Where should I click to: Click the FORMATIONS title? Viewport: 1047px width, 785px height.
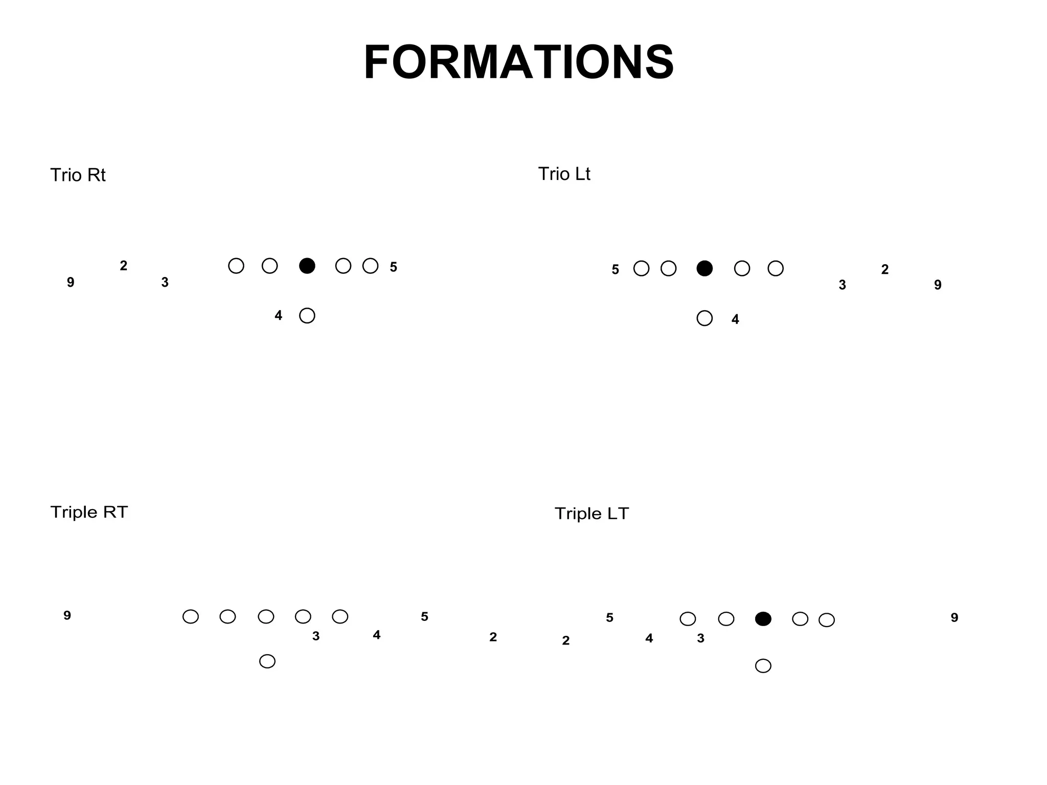point(518,62)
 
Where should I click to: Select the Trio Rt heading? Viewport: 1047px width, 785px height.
point(78,175)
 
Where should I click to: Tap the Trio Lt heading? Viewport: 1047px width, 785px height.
point(564,174)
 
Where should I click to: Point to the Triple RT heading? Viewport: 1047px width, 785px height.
point(89,512)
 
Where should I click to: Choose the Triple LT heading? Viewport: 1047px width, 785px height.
point(591,514)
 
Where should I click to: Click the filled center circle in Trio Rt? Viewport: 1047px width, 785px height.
point(307,266)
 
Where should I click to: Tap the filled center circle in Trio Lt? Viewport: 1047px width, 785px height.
point(704,268)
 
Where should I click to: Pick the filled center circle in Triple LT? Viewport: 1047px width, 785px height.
point(763,619)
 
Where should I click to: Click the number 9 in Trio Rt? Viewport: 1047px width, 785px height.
point(71,282)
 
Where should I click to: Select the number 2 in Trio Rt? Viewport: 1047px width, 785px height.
point(123,266)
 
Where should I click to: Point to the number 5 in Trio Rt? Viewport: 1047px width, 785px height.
point(393,267)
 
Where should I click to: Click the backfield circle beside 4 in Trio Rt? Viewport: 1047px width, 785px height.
point(307,316)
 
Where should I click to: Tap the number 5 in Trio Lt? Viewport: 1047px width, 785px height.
point(615,270)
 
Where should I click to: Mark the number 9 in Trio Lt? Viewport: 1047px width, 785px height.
point(938,285)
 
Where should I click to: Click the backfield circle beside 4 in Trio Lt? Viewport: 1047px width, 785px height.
point(704,318)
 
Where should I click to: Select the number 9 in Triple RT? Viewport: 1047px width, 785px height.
point(67,616)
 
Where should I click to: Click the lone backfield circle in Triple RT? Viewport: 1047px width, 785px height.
point(267,661)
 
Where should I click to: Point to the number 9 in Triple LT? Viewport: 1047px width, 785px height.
point(954,618)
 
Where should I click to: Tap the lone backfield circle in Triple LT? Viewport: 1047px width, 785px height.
point(763,666)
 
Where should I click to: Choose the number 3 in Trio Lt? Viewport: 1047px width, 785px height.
point(842,285)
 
